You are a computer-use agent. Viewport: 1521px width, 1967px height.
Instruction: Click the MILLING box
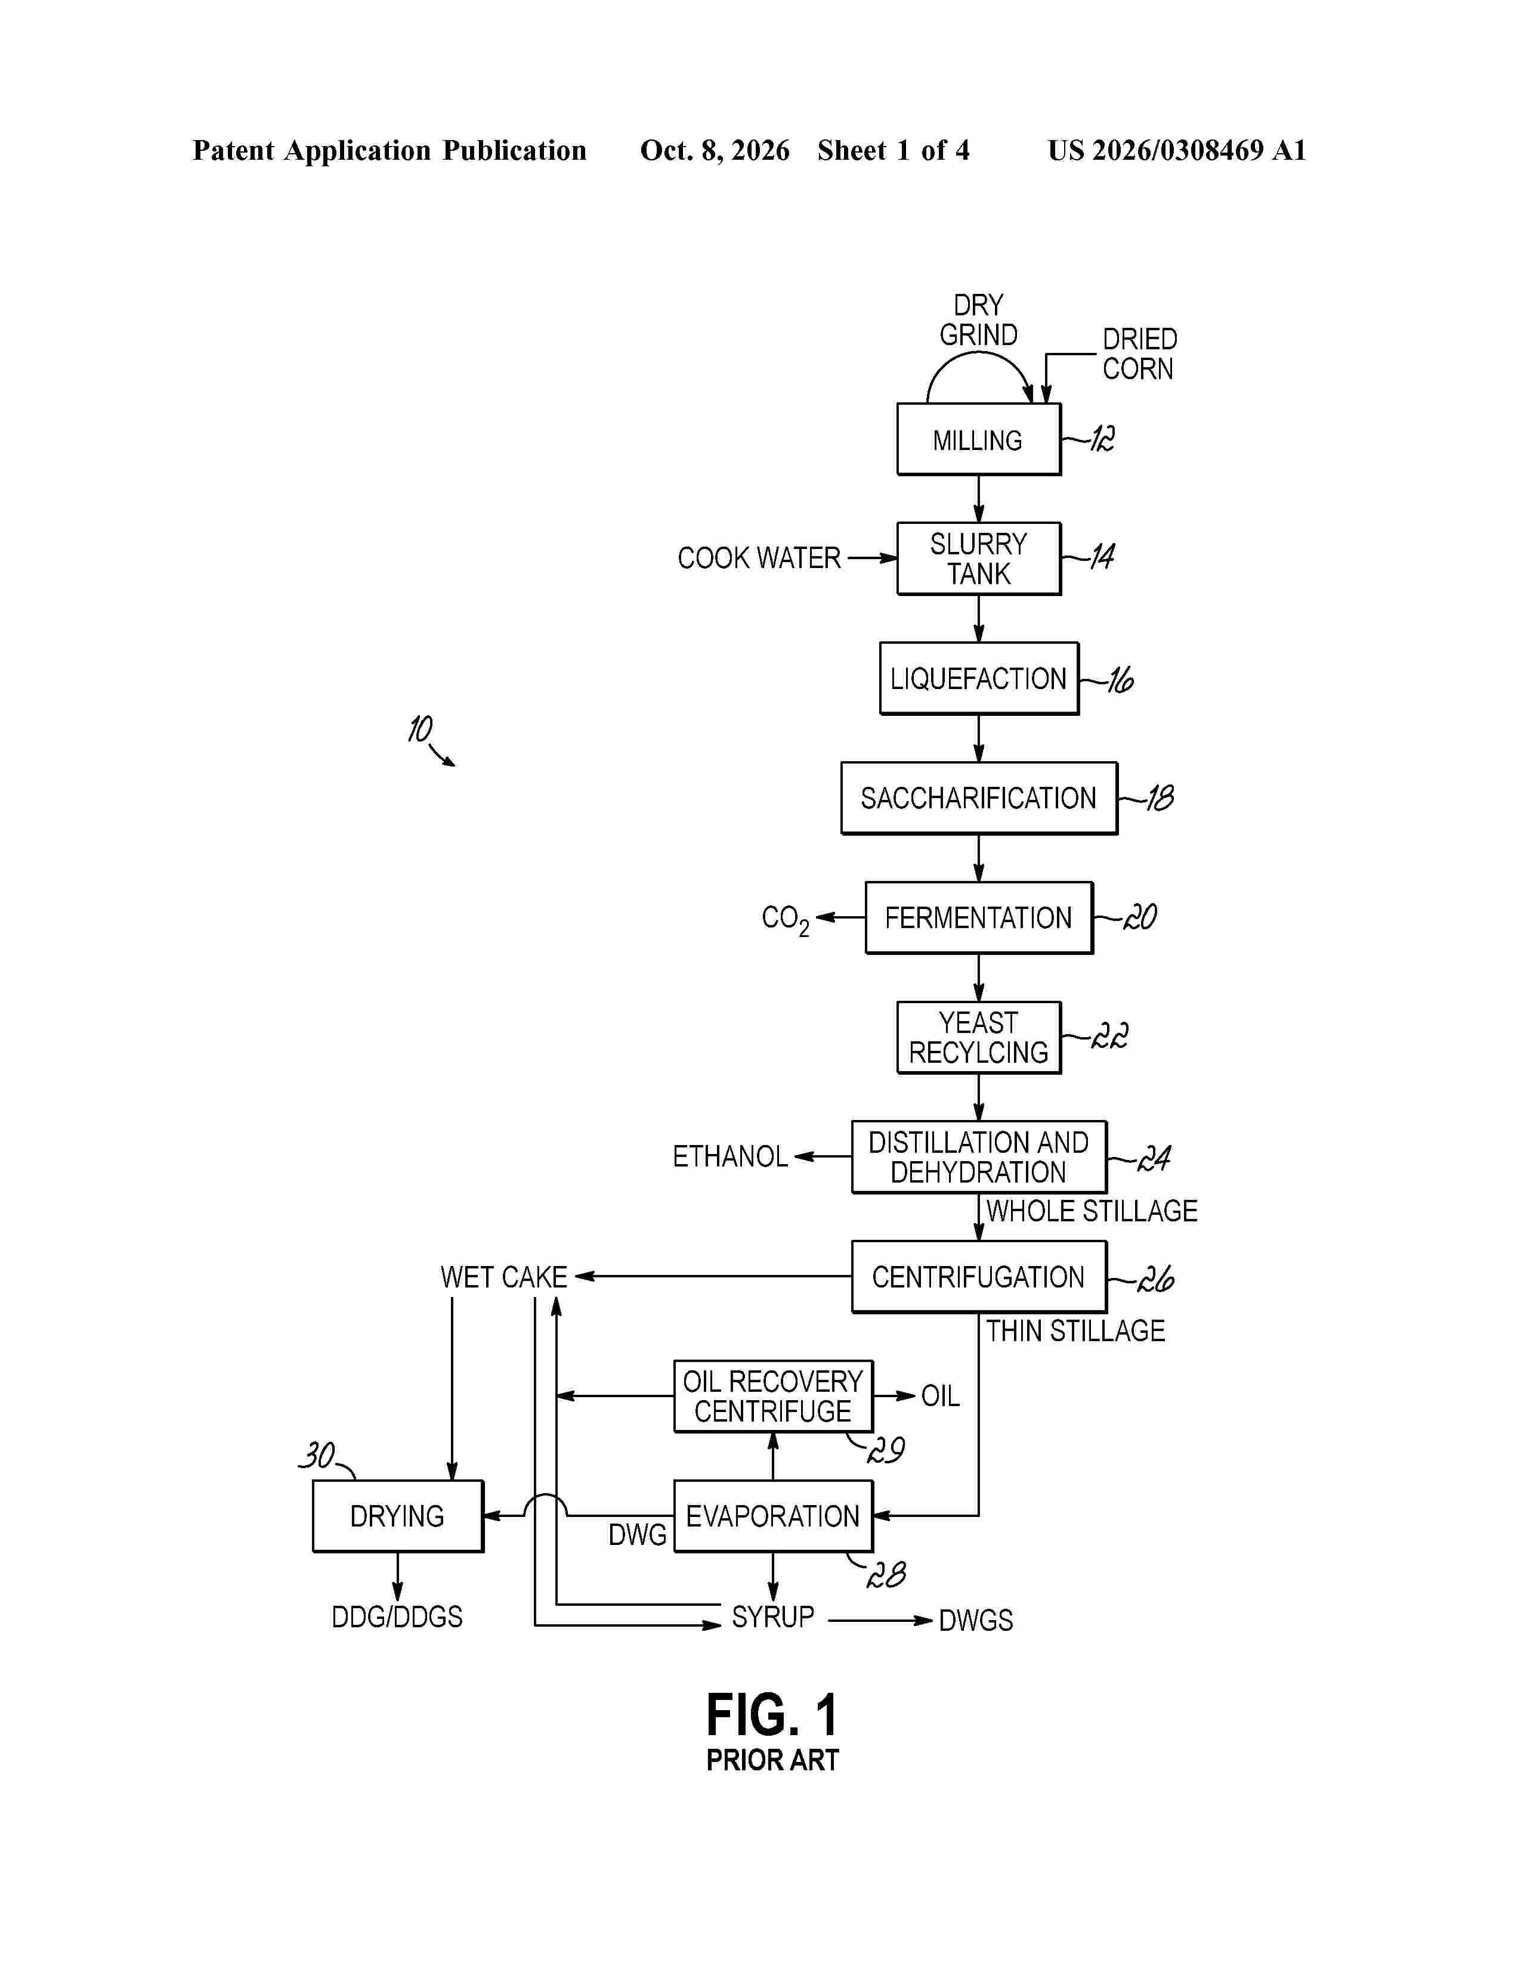tap(979, 439)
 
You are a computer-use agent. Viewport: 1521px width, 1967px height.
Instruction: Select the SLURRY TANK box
tap(979, 559)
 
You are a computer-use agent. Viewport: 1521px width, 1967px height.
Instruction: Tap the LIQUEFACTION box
tap(979, 678)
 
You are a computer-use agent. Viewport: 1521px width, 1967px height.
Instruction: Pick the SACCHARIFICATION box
tap(979, 798)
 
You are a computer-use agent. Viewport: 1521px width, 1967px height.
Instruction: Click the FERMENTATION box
tap(979, 918)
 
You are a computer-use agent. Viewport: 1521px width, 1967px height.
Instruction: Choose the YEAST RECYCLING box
tap(979, 1038)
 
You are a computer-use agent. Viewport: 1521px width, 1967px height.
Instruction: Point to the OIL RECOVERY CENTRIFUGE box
tap(773, 1396)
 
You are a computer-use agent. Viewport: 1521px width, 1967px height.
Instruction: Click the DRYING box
tap(397, 1516)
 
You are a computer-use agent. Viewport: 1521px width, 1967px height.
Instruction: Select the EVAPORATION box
tap(773, 1516)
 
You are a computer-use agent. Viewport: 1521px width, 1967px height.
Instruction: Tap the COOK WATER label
tap(759, 559)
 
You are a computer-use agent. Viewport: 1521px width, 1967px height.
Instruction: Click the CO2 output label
tap(785, 920)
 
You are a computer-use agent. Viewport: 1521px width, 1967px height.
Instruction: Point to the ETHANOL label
tap(730, 1156)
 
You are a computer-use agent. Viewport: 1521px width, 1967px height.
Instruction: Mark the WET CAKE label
tap(503, 1277)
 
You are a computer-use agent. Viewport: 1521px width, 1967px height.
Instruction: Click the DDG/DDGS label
tap(397, 1617)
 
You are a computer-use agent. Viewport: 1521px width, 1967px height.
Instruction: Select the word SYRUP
tap(773, 1617)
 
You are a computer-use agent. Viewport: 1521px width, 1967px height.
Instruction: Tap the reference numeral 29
tap(886, 1450)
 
